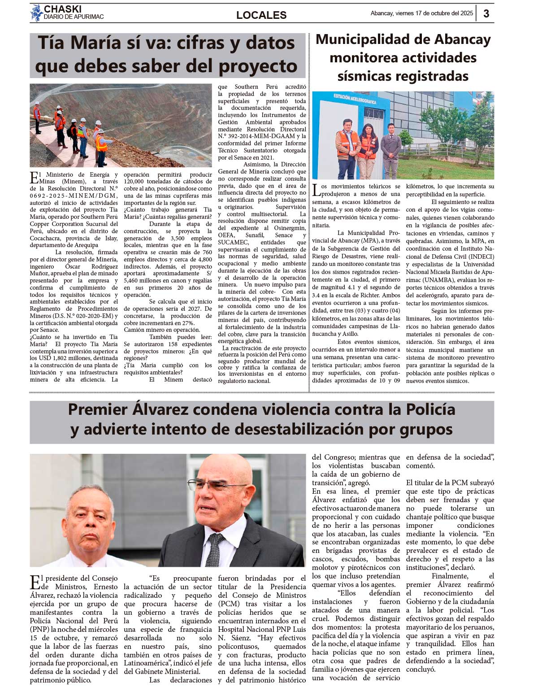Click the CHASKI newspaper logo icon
pos(36,13)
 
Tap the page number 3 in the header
pos(486,13)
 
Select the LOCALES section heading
pos(261,15)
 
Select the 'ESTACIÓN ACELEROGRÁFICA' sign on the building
pos(355,99)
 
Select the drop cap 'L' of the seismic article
pos(317,190)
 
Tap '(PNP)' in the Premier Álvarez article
pos(39,629)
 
